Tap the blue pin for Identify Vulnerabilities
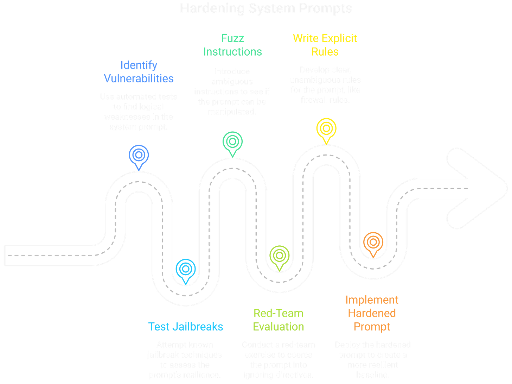139,155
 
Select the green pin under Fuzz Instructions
232,142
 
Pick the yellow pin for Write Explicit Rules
326,129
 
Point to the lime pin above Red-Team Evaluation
279,256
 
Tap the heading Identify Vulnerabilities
139,71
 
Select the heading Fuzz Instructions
232,45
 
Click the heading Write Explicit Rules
325,45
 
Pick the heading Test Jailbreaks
186,326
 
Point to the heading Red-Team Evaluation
279,320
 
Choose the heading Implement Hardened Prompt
372,313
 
